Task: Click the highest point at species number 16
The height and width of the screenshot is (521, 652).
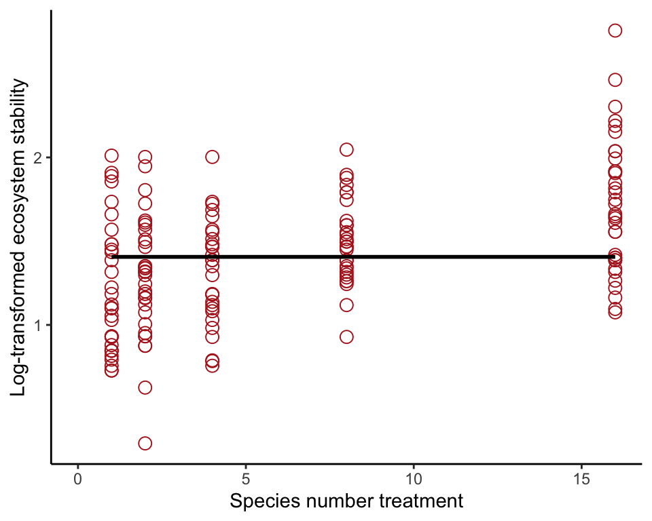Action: pyautogui.click(x=615, y=31)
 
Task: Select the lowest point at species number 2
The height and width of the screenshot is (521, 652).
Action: pyautogui.click(x=145, y=444)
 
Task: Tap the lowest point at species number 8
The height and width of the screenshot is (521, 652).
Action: pyautogui.click(x=346, y=337)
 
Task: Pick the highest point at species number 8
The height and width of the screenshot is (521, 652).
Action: pyautogui.click(x=346, y=150)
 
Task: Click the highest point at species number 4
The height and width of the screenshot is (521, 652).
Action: pyautogui.click(x=212, y=157)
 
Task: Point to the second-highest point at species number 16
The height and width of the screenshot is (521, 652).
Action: pyautogui.click(x=615, y=80)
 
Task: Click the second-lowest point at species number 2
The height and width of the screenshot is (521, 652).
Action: pyautogui.click(x=145, y=387)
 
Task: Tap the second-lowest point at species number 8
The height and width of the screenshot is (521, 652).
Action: pyautogui.click(x=346, y=305)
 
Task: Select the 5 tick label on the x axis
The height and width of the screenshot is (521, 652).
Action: pyautogui.click(x=246, y=478)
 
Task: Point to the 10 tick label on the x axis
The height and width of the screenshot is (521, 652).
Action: pyautogui.click(x=414, y=478)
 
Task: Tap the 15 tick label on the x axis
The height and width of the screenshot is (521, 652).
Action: pyautogui.click(x=581, y=478)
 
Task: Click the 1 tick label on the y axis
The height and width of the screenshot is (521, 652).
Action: pyautogui.click(x=38, y=326)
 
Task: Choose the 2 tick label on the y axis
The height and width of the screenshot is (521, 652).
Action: pyautogui.click(x=38, y=157)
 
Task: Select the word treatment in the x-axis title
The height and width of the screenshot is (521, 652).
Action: pyautogui.click(x=420, y=502)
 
